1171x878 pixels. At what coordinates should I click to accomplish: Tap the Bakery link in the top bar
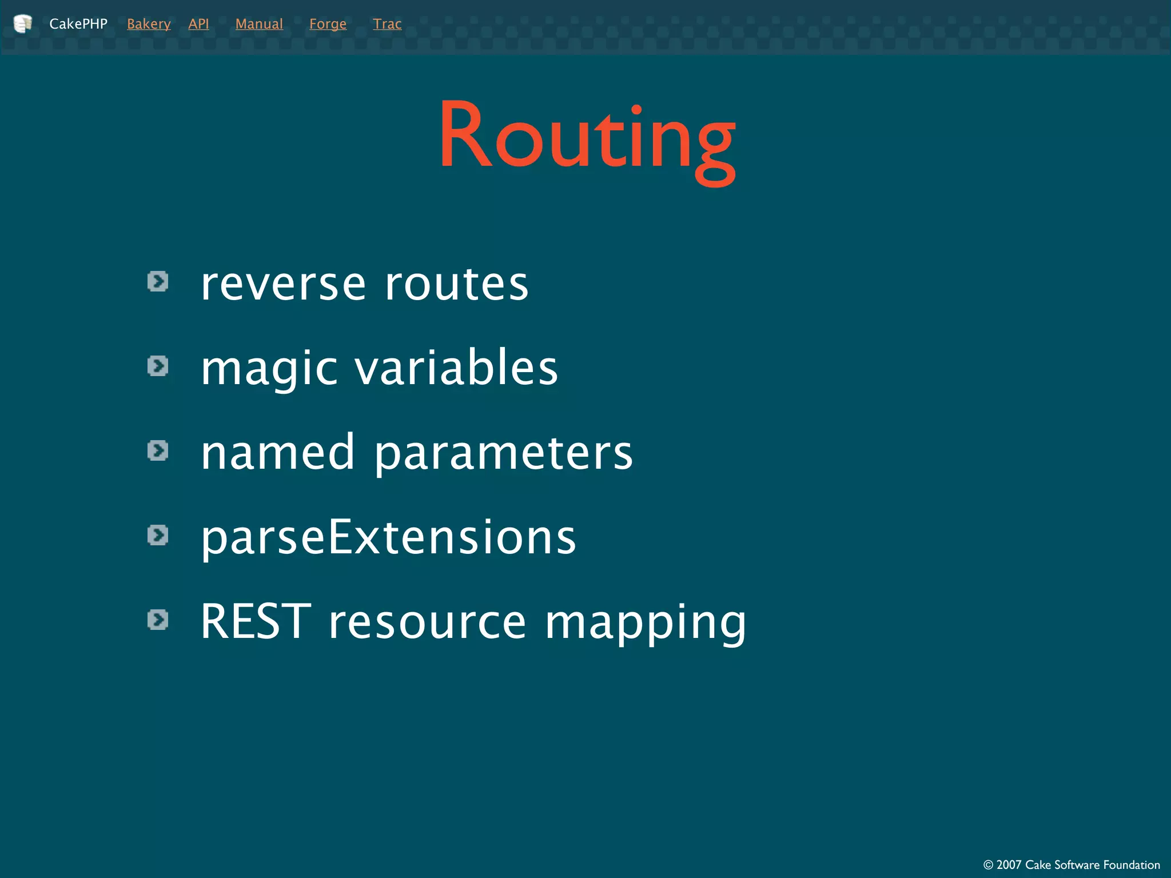[149, 24]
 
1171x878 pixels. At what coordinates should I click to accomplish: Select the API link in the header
[198, 24]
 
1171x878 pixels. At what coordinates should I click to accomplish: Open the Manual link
[259, 24]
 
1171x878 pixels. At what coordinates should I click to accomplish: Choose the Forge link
[328, 24]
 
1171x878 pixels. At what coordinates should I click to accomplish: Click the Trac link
[387, 24]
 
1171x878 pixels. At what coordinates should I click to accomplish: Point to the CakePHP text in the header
[78, 24]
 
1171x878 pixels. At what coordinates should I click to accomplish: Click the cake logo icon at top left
[23, 23]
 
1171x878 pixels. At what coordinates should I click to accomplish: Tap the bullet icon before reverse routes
[158, 281]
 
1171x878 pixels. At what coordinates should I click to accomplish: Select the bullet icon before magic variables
[158, 366]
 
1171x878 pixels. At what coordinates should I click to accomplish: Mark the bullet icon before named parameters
[158, 450]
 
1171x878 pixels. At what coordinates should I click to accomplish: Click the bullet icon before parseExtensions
[158, 535]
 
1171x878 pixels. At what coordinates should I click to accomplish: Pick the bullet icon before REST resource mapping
[158, 620]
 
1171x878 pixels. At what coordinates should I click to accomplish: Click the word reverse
[283, 284]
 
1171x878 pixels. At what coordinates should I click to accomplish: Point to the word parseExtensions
[388, 538]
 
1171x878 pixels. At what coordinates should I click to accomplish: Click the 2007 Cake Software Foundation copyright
[1071, 864]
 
